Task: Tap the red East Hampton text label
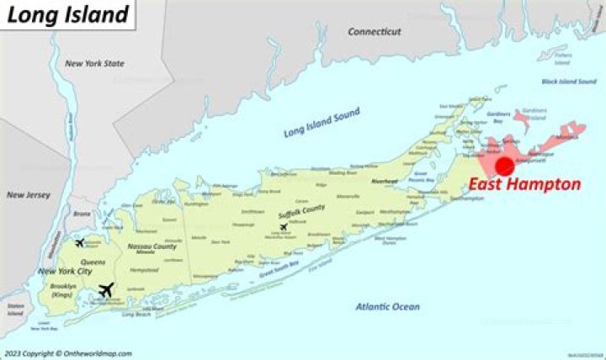point(524,185)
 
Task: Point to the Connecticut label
point(375,31)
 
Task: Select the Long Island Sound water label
point(322,122)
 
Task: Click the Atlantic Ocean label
point(387,307)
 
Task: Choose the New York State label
point(94,64)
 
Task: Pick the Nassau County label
point(152,246)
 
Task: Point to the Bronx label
point(81,214)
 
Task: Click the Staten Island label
point(15,311)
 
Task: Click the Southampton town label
point(466,198)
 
